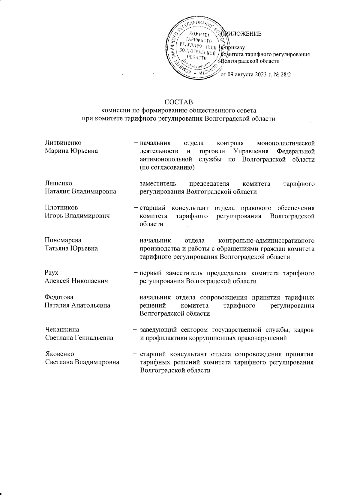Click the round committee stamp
point(196,48)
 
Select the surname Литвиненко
point(63,142)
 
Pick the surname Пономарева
point(63,240)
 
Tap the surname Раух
point(51,273)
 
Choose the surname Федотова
point(59,297)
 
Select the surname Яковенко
point(59,354)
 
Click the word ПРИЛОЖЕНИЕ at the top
point(242,34)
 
